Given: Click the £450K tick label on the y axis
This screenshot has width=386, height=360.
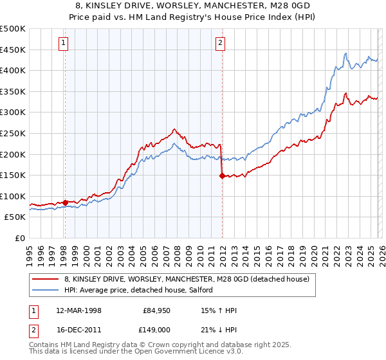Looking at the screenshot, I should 12,50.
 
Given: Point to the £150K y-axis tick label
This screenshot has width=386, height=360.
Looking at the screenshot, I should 12,175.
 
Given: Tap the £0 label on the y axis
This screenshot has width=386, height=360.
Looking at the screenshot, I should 20,238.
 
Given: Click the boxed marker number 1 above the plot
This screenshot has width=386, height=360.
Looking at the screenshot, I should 64,43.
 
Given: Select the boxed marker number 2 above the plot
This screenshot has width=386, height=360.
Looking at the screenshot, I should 221,43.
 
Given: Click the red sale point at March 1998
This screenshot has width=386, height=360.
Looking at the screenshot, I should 65,203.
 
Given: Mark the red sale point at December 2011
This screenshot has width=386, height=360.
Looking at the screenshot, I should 222,175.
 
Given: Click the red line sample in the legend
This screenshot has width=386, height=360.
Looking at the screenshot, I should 46,279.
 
